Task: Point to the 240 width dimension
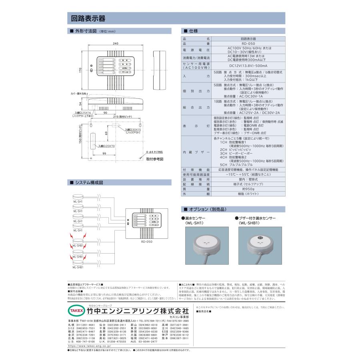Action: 116,43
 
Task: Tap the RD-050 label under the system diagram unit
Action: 147,242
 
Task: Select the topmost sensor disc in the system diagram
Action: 78,196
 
